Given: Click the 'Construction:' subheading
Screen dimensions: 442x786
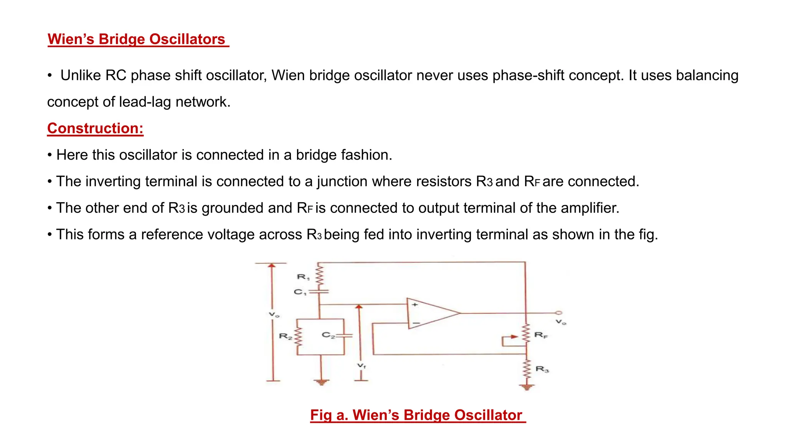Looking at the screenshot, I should [95, 128].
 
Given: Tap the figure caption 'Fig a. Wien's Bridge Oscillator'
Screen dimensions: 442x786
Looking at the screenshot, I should [418, 415].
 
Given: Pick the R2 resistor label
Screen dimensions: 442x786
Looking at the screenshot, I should [285, 336].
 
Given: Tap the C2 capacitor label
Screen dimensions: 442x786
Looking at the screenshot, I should [328, 335].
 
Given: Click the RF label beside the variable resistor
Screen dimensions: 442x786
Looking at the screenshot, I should [541, 335].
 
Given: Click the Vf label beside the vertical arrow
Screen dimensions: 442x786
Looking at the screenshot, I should [362, 366].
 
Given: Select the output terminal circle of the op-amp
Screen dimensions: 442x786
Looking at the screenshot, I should [559, 313].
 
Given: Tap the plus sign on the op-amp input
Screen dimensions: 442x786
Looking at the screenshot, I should [415, 305].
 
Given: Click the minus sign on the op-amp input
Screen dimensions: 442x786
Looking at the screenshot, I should [416, 323].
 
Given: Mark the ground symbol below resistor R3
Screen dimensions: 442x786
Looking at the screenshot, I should [527, 387].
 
